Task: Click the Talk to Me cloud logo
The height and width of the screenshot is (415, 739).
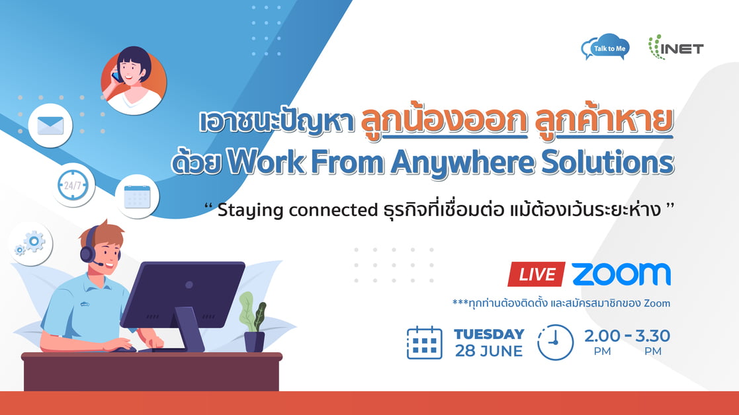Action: [605, 47]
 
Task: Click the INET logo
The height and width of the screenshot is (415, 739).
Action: [676, 48]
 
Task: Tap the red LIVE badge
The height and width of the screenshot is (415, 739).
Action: [537, 274]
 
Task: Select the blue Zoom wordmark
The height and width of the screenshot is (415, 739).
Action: [621, 274]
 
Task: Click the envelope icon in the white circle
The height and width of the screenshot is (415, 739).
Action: [50, 126]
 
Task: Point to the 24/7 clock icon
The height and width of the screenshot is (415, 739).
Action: [73, 186]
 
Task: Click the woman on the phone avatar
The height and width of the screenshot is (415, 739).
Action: [134, 81]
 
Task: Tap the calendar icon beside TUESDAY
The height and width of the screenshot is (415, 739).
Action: [424, 342]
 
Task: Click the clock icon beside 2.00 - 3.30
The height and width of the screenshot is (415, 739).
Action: [556, 342]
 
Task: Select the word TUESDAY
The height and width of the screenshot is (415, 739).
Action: [489, 334]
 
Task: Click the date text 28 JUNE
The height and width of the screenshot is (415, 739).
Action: [489, 351]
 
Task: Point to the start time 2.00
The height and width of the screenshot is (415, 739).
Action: [602, 336]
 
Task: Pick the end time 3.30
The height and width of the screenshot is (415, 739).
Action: [652, 336]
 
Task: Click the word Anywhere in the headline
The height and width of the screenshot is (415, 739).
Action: [463, 163]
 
